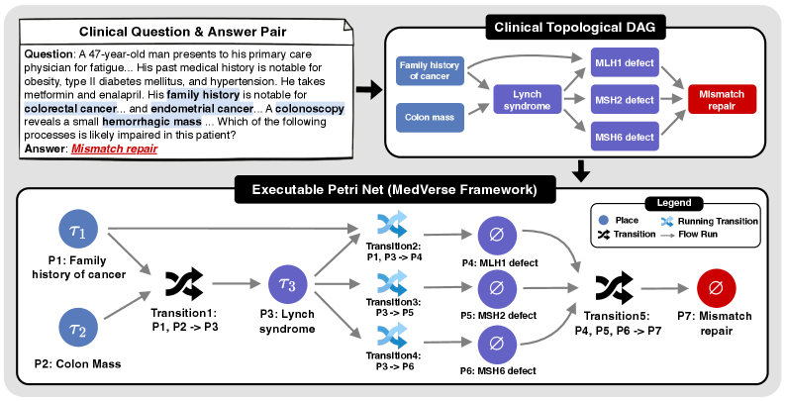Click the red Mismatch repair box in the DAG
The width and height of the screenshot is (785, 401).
pos(722,99)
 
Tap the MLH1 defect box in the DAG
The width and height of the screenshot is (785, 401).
pos(623,62)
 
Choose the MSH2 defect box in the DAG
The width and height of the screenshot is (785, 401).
pos(623,99)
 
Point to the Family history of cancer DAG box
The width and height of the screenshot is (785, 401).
pos(428,70)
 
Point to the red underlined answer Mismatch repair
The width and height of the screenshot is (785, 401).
pos(113,149)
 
